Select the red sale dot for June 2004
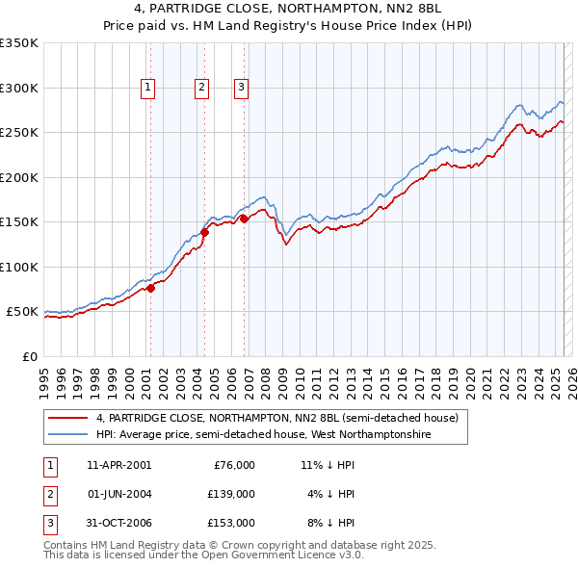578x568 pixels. [204, 232]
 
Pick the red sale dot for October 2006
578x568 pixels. [245, 219]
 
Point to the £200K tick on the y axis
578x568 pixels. [19, 177]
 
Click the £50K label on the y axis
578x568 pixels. [21, 312]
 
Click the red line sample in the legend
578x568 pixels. [67, 418]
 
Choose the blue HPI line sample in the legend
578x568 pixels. [67, 435]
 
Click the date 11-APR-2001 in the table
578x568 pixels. [118, 464]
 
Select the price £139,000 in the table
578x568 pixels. [231, 494]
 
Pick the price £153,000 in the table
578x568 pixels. [231, 523]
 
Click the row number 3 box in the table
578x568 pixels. [49, 523]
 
